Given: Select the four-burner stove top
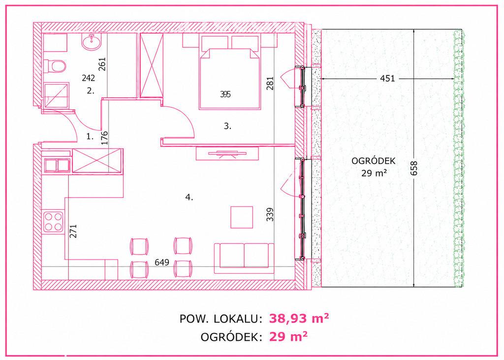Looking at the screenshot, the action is [x=53, y=221].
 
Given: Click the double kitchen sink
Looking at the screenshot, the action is [x=57, y=165].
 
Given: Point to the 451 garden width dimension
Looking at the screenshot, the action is [x=387, y=78].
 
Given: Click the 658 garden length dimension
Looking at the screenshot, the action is [x=414, y=168].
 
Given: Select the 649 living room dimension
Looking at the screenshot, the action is [x=161, y=262].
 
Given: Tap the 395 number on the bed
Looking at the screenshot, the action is [x=225, y=94].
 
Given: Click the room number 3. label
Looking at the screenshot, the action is [x=227, y=126].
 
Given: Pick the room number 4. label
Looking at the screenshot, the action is [x=189, y=197].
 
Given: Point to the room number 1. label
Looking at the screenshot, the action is [x=90, y=136].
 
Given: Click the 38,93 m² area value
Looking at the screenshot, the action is [x=299, y=318].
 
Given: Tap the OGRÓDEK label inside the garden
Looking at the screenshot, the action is [x=373, y=161].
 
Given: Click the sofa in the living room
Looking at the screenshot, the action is [x=244, y=256].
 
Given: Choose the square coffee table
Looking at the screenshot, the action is [x=241, y=217].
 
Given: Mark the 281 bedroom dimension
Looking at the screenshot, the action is [x=270, y=83].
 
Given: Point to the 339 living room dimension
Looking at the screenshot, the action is [x=270, y=214].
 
